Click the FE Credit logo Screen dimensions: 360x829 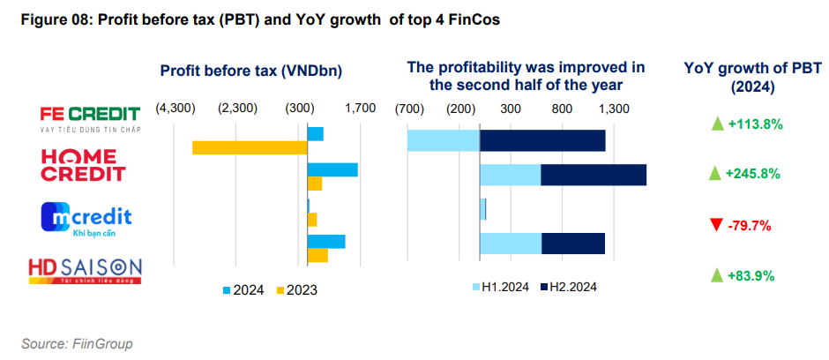tap(91, 118)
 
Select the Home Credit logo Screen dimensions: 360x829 tap(84, 164)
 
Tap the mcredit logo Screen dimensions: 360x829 tap(86, 220)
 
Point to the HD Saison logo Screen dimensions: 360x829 tap(85, 270)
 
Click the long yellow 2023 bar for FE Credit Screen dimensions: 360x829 tap(250, 147)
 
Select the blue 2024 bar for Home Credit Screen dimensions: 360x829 tap(332, 169)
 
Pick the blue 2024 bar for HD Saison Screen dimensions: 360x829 tap(326, 241)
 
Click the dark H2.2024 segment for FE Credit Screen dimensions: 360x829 tap(542, 140)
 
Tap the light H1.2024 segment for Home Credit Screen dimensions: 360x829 tap(510, 175)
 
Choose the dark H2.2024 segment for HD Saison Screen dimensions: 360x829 tap(573, 243)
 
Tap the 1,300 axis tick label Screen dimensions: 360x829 tap(614, 109)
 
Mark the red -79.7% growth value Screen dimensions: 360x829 tap(750, 225)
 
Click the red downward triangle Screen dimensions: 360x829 tap(715, 225)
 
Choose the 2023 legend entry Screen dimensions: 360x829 tap(297, 289)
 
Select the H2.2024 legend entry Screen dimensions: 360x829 tap(569, 287)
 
